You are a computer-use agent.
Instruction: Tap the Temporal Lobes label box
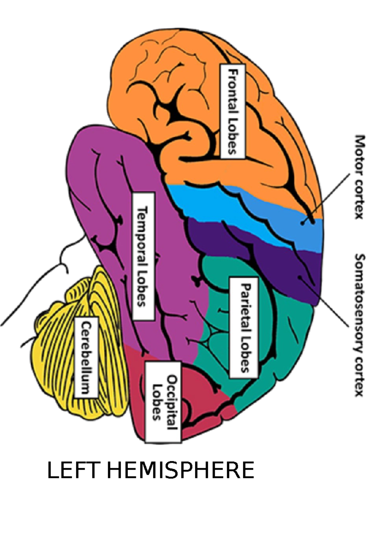143,256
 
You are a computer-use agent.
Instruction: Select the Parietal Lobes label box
244,327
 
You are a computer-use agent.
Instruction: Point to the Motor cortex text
359,177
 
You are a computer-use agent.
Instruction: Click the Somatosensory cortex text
359,324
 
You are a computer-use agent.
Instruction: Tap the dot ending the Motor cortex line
303,223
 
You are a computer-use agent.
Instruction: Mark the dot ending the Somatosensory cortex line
299,278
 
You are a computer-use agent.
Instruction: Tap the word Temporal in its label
143,235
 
